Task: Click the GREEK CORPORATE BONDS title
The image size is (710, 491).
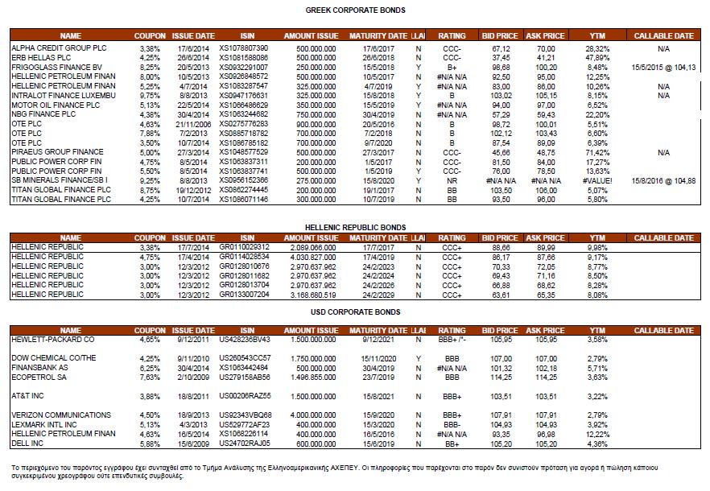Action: (x=355, y=10)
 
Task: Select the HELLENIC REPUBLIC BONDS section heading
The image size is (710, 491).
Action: (x=355, y=228)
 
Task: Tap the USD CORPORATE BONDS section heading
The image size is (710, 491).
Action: (x=355, y=312)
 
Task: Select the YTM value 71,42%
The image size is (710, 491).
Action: (x=596, y=151)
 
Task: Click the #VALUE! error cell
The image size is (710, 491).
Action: (x=596, y=180)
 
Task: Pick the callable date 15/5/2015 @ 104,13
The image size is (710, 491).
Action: (x=664, y=67)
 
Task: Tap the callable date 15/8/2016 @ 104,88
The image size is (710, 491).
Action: (x=664, y=180)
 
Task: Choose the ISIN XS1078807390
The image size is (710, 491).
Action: (x=244, y=48)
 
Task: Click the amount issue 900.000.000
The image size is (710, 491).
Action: (x=311, y=124)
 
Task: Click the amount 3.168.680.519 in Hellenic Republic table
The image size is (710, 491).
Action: (x=311, y=295)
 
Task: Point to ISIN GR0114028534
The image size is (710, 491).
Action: (x=244, y=256)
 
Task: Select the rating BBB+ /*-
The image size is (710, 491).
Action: (x=452, y=339)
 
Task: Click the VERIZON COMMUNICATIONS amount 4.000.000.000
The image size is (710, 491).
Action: (x=311, y=415)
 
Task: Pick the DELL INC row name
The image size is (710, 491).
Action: (x=29, y=443)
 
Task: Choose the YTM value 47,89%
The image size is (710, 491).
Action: (x=596, y=58)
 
